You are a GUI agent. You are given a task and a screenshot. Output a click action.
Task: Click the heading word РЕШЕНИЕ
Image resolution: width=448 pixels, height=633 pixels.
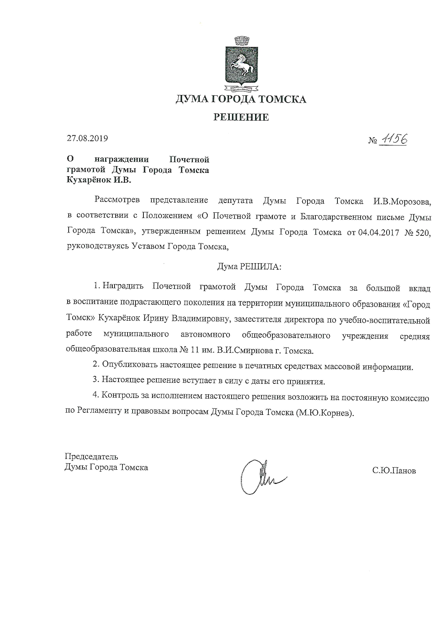(x=241, y=117)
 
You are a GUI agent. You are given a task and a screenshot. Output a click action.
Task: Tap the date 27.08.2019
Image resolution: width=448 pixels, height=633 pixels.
(x=87, y=138)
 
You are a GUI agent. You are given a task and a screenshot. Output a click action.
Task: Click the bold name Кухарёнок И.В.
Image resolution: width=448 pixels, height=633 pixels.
(x=99, y=180)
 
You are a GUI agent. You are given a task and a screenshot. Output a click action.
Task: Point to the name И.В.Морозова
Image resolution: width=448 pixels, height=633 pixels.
(x=402, y=201)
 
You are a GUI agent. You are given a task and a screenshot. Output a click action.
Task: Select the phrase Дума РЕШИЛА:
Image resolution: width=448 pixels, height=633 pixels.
(x=249, y=267)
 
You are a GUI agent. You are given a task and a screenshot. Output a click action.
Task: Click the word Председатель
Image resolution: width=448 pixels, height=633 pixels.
(x=92, y=456)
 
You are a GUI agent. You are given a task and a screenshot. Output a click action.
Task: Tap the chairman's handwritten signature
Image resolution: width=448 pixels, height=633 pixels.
(x=260, y=476)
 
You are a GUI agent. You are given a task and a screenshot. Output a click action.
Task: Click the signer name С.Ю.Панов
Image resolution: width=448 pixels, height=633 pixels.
(x=394, y=471)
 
